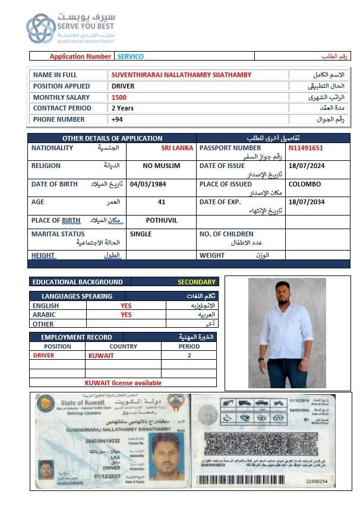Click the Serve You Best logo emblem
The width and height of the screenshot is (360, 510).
(40, 28)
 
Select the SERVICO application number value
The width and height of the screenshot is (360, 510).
(130, 56)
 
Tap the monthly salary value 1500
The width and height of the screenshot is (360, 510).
(119, 97)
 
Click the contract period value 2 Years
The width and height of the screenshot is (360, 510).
(122, 108)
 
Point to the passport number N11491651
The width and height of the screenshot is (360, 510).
(306, 148)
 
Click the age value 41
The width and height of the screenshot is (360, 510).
(162, 202)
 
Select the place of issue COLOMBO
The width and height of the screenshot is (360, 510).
(305, 184)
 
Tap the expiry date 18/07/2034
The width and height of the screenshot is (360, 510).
(306, 202)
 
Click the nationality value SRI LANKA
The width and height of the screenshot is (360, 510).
(177, 148)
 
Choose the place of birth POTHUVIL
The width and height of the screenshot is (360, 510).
(162, 220)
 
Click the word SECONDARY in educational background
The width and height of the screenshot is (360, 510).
(197, 282)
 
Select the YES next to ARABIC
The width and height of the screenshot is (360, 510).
(126, 315)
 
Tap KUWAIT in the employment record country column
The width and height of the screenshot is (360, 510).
(101, 355)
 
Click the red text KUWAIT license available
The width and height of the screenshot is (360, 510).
(123, 383)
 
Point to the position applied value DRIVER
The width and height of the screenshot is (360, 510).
(123, 86)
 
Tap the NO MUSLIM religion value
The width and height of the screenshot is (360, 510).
(162, 166)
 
